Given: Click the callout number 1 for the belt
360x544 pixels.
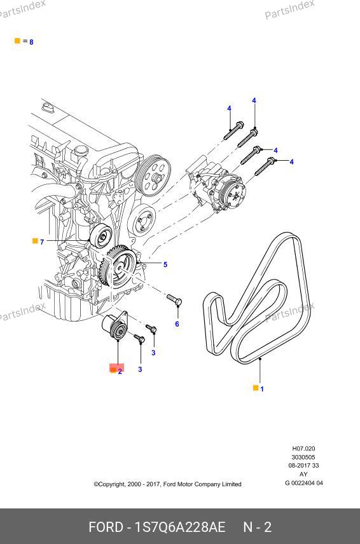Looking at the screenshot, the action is click(x=262, y=389).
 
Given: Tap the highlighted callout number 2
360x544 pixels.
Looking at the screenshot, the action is click(x=120, y=372).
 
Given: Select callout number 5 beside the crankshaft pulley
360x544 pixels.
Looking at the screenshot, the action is click(x=165, y=265).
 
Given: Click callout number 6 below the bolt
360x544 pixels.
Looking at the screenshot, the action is click(x=177, y=324).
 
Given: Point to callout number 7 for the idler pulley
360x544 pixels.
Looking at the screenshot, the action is click(x=42, y=242).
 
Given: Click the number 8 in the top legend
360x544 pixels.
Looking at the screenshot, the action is click(x=31, y=42).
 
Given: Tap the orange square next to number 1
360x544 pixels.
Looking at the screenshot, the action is click(x=256, y=388).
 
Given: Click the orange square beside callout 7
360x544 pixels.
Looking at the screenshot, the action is click(x=35, y=241).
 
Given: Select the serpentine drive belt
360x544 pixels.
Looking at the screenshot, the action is click(x=256, y=298).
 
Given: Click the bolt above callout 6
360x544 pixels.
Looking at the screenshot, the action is click(x=174, y=300).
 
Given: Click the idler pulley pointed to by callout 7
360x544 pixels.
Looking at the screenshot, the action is click(x=100, y=236).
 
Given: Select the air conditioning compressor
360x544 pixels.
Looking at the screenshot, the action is click(x=217, y=187).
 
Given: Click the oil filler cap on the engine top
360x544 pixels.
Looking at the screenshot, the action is click(x=80, y=152).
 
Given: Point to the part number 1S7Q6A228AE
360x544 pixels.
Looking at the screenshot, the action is click(x=180, y=527).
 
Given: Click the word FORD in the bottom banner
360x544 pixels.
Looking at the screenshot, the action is click(x=106, y=527).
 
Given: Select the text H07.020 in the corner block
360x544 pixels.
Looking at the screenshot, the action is click(x=303, y=449).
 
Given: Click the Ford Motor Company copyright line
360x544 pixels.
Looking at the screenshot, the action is click(x=167, y=484).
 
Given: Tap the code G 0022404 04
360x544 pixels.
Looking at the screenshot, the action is click(x=304, y=483).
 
